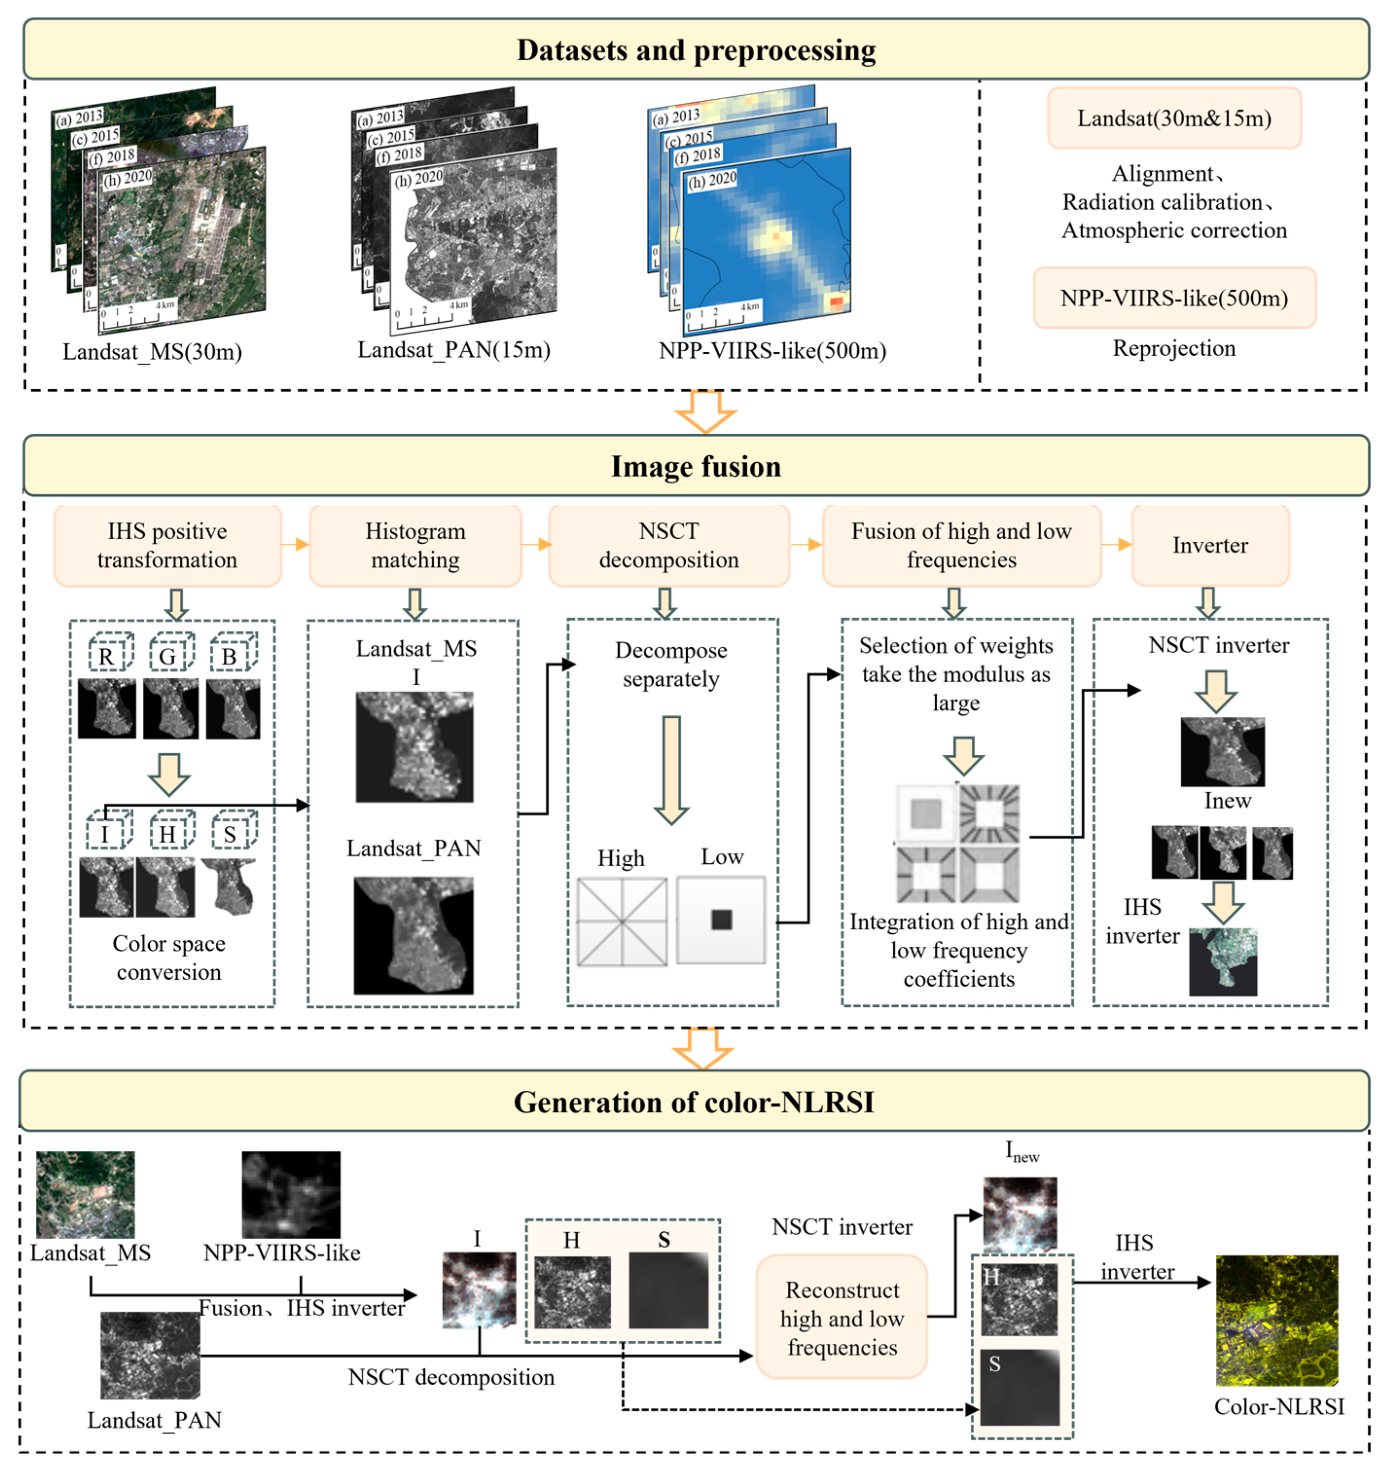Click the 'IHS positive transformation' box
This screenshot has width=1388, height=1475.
[x=168, y=545]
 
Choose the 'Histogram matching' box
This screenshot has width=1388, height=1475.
[x=415, y=545]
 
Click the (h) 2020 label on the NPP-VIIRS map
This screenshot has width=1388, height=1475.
[x=712, y=179]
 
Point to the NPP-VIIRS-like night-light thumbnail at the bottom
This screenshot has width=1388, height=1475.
[x=291, y=1194]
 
